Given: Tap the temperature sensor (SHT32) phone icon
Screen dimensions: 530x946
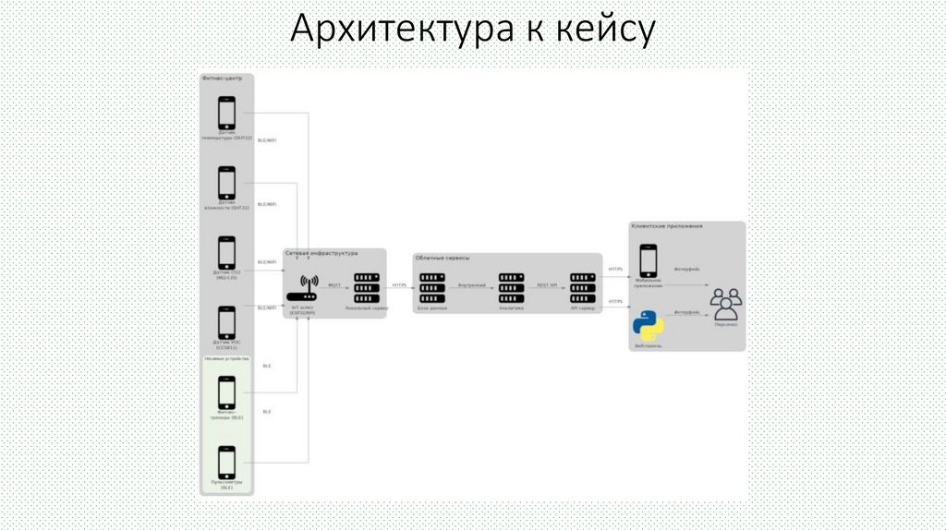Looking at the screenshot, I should (x=226, y=114).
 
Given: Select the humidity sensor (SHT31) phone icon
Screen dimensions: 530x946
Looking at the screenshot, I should (x=226, y=182).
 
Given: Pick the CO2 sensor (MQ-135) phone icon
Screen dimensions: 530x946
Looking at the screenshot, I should (x=226, y=252).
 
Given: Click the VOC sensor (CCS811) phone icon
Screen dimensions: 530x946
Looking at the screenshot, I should (x=226, y=322).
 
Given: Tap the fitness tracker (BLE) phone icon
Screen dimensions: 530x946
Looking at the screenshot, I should (x=226, y=391).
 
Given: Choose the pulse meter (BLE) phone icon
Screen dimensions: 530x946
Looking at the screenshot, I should (x=226, y=462).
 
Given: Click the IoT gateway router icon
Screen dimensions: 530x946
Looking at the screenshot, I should (x=309, y=287).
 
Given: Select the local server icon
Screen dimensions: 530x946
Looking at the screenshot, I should (x=367, y=287).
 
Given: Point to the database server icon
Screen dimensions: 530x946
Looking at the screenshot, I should (x=431, y=287).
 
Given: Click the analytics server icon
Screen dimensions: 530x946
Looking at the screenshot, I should (x=510, y=287).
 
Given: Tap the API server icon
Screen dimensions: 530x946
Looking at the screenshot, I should (x=582, y=287).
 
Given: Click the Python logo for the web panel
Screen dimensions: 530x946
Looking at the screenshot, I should (x=647, y=326).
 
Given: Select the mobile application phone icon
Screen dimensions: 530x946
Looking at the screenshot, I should (x=649, y=260).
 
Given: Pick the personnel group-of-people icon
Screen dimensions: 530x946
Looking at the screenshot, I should (x=725, y=304).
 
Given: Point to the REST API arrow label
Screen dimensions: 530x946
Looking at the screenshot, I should (x=547, y=285).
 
